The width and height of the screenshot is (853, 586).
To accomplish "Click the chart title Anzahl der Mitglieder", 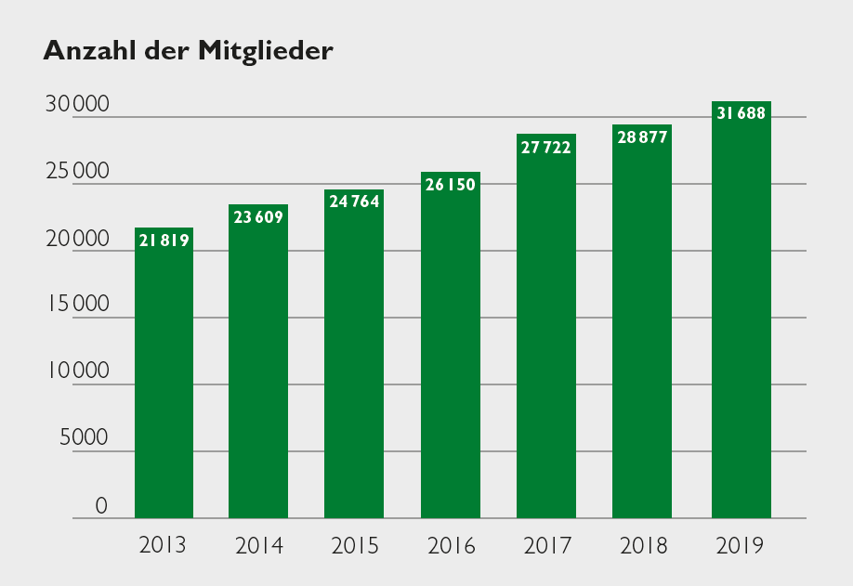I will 188,51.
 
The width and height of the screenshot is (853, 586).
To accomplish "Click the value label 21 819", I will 164,241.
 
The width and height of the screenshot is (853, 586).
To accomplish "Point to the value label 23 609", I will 258,217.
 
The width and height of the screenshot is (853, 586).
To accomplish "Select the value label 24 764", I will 354,202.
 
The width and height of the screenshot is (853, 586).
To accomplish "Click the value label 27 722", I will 546,148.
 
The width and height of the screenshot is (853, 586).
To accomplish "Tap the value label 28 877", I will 642,137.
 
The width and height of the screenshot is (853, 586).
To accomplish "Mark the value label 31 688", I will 741,114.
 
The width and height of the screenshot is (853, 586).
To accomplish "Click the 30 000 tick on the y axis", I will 78,105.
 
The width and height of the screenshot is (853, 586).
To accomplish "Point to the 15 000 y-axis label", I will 78,305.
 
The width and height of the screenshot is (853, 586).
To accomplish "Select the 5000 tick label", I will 84,437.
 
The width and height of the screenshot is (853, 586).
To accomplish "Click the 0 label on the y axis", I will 102,505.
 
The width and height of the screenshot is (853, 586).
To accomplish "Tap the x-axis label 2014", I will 259,545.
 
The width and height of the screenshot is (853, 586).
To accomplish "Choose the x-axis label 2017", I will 547,545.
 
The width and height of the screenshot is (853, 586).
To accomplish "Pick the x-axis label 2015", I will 355,545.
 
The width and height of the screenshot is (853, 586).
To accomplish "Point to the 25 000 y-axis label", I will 78,172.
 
